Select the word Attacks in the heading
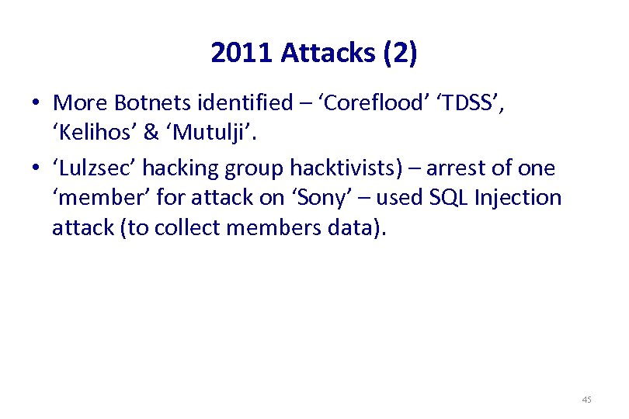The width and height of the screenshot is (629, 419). tap(328, 54)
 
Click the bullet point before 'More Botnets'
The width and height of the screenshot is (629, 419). tap(36, 103)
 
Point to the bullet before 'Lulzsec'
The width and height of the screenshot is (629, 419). tap(36, 169)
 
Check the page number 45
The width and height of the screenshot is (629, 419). tap(586, 400)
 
